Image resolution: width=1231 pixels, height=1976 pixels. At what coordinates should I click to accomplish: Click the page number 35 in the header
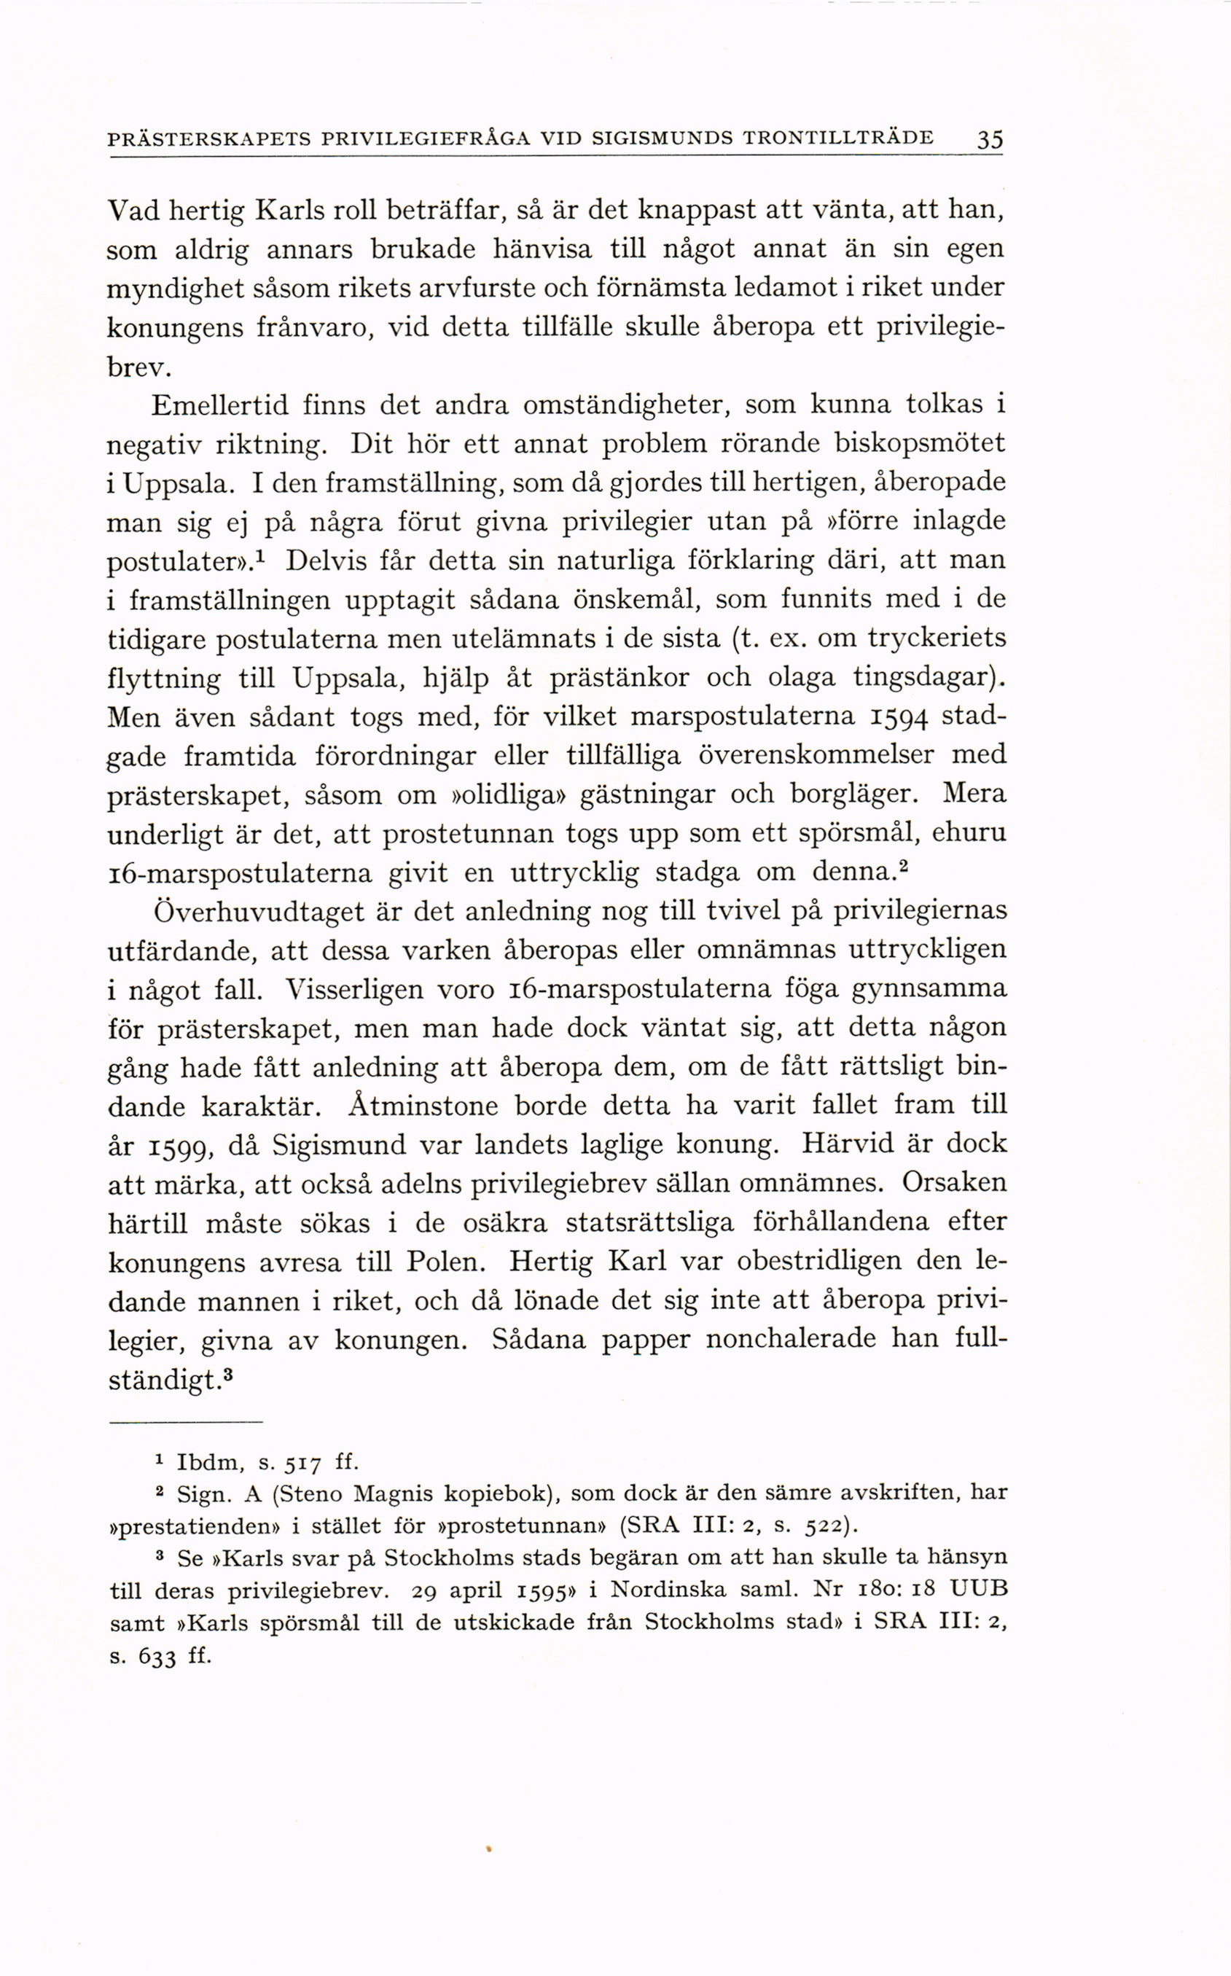click(989, 138)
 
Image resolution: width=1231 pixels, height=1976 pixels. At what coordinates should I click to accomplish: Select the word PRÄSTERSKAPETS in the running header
click(209, 138)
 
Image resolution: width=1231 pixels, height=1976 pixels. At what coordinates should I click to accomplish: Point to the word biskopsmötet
click(920, 444)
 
